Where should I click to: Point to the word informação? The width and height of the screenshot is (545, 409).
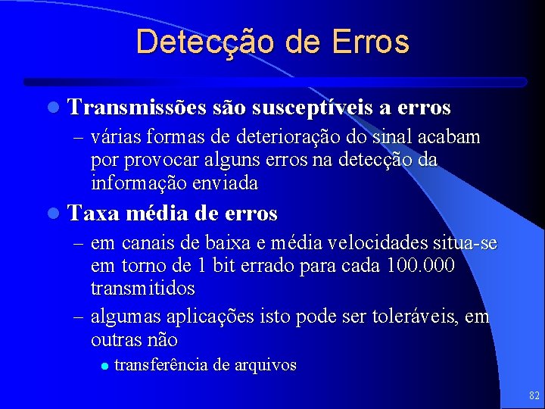click(133, 183)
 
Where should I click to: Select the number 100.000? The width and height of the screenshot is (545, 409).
click(420, 266)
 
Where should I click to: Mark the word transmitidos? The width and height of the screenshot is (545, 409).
click(142, 289)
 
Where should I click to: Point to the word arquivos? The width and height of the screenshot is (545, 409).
click(266, 365)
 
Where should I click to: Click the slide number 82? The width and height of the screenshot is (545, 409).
click(534, 395)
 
